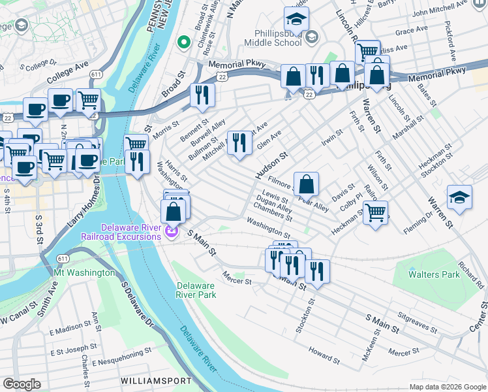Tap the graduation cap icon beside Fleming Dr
click(x=459, y=197)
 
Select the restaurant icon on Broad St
click(x=202, y=95)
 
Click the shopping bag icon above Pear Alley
click(x=306, y=184)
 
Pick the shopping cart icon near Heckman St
click(x=375, y=212)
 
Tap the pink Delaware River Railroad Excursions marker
click(x=172, y=231)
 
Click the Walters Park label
click(x=434, y=274)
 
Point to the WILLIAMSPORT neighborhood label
click(x=156, y=380)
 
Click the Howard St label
click(x=324, y=358)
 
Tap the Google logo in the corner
click(x=22, y=384)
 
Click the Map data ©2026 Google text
click(x=447, y=387)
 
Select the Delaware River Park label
click(x=196, y=290)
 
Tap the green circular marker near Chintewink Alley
click(x=184, y=43)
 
